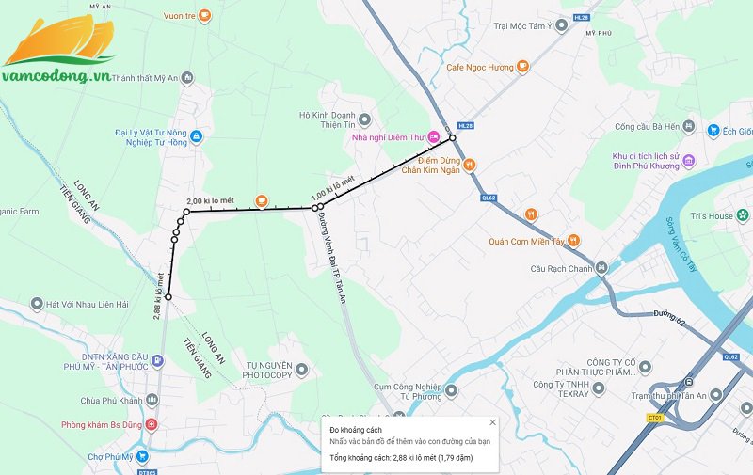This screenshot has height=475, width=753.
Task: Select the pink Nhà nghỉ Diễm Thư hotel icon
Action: pos(433,138)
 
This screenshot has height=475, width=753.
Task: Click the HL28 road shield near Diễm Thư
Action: pos(464,124)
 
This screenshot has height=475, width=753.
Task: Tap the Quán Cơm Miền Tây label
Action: pos(525,241)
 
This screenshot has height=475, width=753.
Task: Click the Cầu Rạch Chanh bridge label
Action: pos(563,268)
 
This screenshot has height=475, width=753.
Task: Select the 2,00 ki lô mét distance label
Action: pos(211,201)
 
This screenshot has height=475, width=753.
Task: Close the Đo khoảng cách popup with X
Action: pos(492,422)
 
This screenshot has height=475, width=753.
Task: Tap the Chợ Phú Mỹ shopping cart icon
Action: pos(142,457)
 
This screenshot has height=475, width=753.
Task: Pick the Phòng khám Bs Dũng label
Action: pos(103,425)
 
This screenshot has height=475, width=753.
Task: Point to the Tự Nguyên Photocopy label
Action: pos(268,370)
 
